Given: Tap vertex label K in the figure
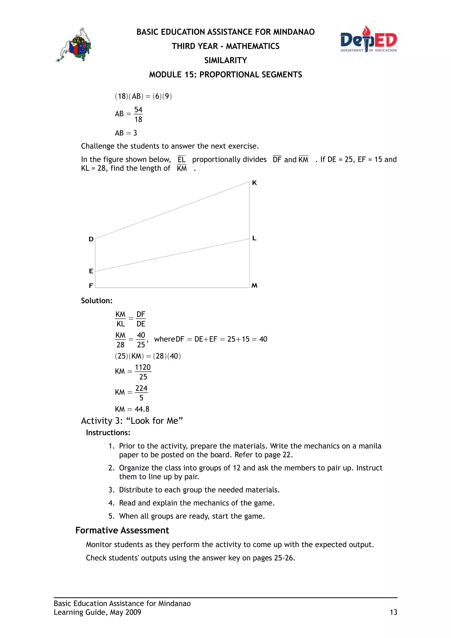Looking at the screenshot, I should (x=254, y=183).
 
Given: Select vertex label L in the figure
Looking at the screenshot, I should (x=254, y=238).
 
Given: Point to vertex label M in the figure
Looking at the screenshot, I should (x=254, y=286).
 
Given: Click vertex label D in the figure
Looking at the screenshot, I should (x=91, y=239).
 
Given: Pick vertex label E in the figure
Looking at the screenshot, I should (x=91, y=271).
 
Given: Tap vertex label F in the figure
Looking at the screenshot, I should (x=91, y=286).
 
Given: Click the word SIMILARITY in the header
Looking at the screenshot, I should (x=225, y=60).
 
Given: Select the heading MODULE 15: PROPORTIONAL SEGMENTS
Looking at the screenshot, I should (x=225, y=75).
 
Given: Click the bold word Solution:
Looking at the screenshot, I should (x=97, y=301).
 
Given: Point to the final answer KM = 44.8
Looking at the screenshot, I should (x=132, y=409).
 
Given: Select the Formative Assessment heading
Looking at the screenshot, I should (x=122, y=530).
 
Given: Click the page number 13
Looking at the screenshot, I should (x=393, y=612).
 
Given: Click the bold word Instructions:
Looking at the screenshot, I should (x=108, y=433).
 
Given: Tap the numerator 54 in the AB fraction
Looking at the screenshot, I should (x=138, y=110).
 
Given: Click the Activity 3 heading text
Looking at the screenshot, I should (x=132, y=421).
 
